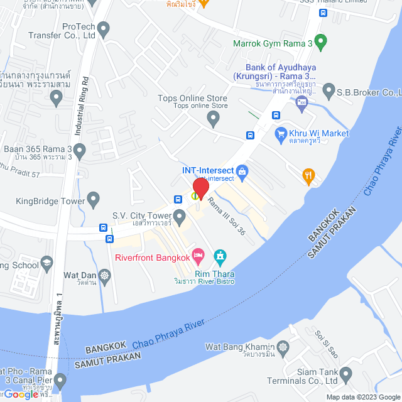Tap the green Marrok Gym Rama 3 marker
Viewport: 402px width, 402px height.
(x=321, y=43)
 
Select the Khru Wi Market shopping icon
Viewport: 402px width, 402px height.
(x=281, y=134)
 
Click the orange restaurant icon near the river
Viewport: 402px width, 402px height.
(x=308, y=176)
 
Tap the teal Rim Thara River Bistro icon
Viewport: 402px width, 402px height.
(x=220, y=256)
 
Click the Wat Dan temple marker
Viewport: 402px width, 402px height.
(x=105, y=275)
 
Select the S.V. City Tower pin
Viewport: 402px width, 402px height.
(x=180, y=217)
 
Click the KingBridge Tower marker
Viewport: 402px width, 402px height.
(x=94, y=201)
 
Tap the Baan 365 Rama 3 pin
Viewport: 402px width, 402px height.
(x=79, y=151)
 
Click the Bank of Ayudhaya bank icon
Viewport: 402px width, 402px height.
(x=301, y=101)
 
